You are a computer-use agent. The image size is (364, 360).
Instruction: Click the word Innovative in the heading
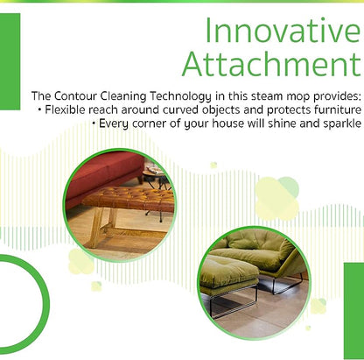pos(283,31)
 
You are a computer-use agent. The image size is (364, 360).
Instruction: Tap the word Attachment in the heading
pos(272,64)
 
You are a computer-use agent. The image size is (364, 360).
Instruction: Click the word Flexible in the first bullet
pos(65,109)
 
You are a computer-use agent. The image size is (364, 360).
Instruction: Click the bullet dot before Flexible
pos(39,110)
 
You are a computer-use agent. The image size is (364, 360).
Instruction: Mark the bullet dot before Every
pos(94,124)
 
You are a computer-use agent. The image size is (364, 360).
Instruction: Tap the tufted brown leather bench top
pos(129,199)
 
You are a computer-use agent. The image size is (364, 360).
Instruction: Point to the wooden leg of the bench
pos(96,226)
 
